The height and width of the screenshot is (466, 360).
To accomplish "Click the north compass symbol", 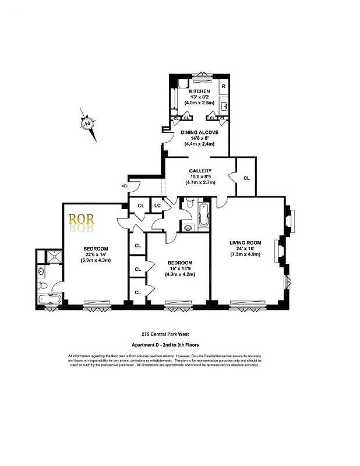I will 87,123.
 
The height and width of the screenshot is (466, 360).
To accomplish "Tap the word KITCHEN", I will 199,92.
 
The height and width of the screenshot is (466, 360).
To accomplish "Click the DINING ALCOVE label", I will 199,133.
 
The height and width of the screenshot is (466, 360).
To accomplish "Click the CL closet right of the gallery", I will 246,178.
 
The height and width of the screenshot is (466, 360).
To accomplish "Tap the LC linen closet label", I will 157,206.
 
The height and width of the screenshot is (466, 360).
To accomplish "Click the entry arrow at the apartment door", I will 125,186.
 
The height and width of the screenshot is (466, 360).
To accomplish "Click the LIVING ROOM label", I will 245,243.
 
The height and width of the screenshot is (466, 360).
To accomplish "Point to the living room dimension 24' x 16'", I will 245,249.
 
